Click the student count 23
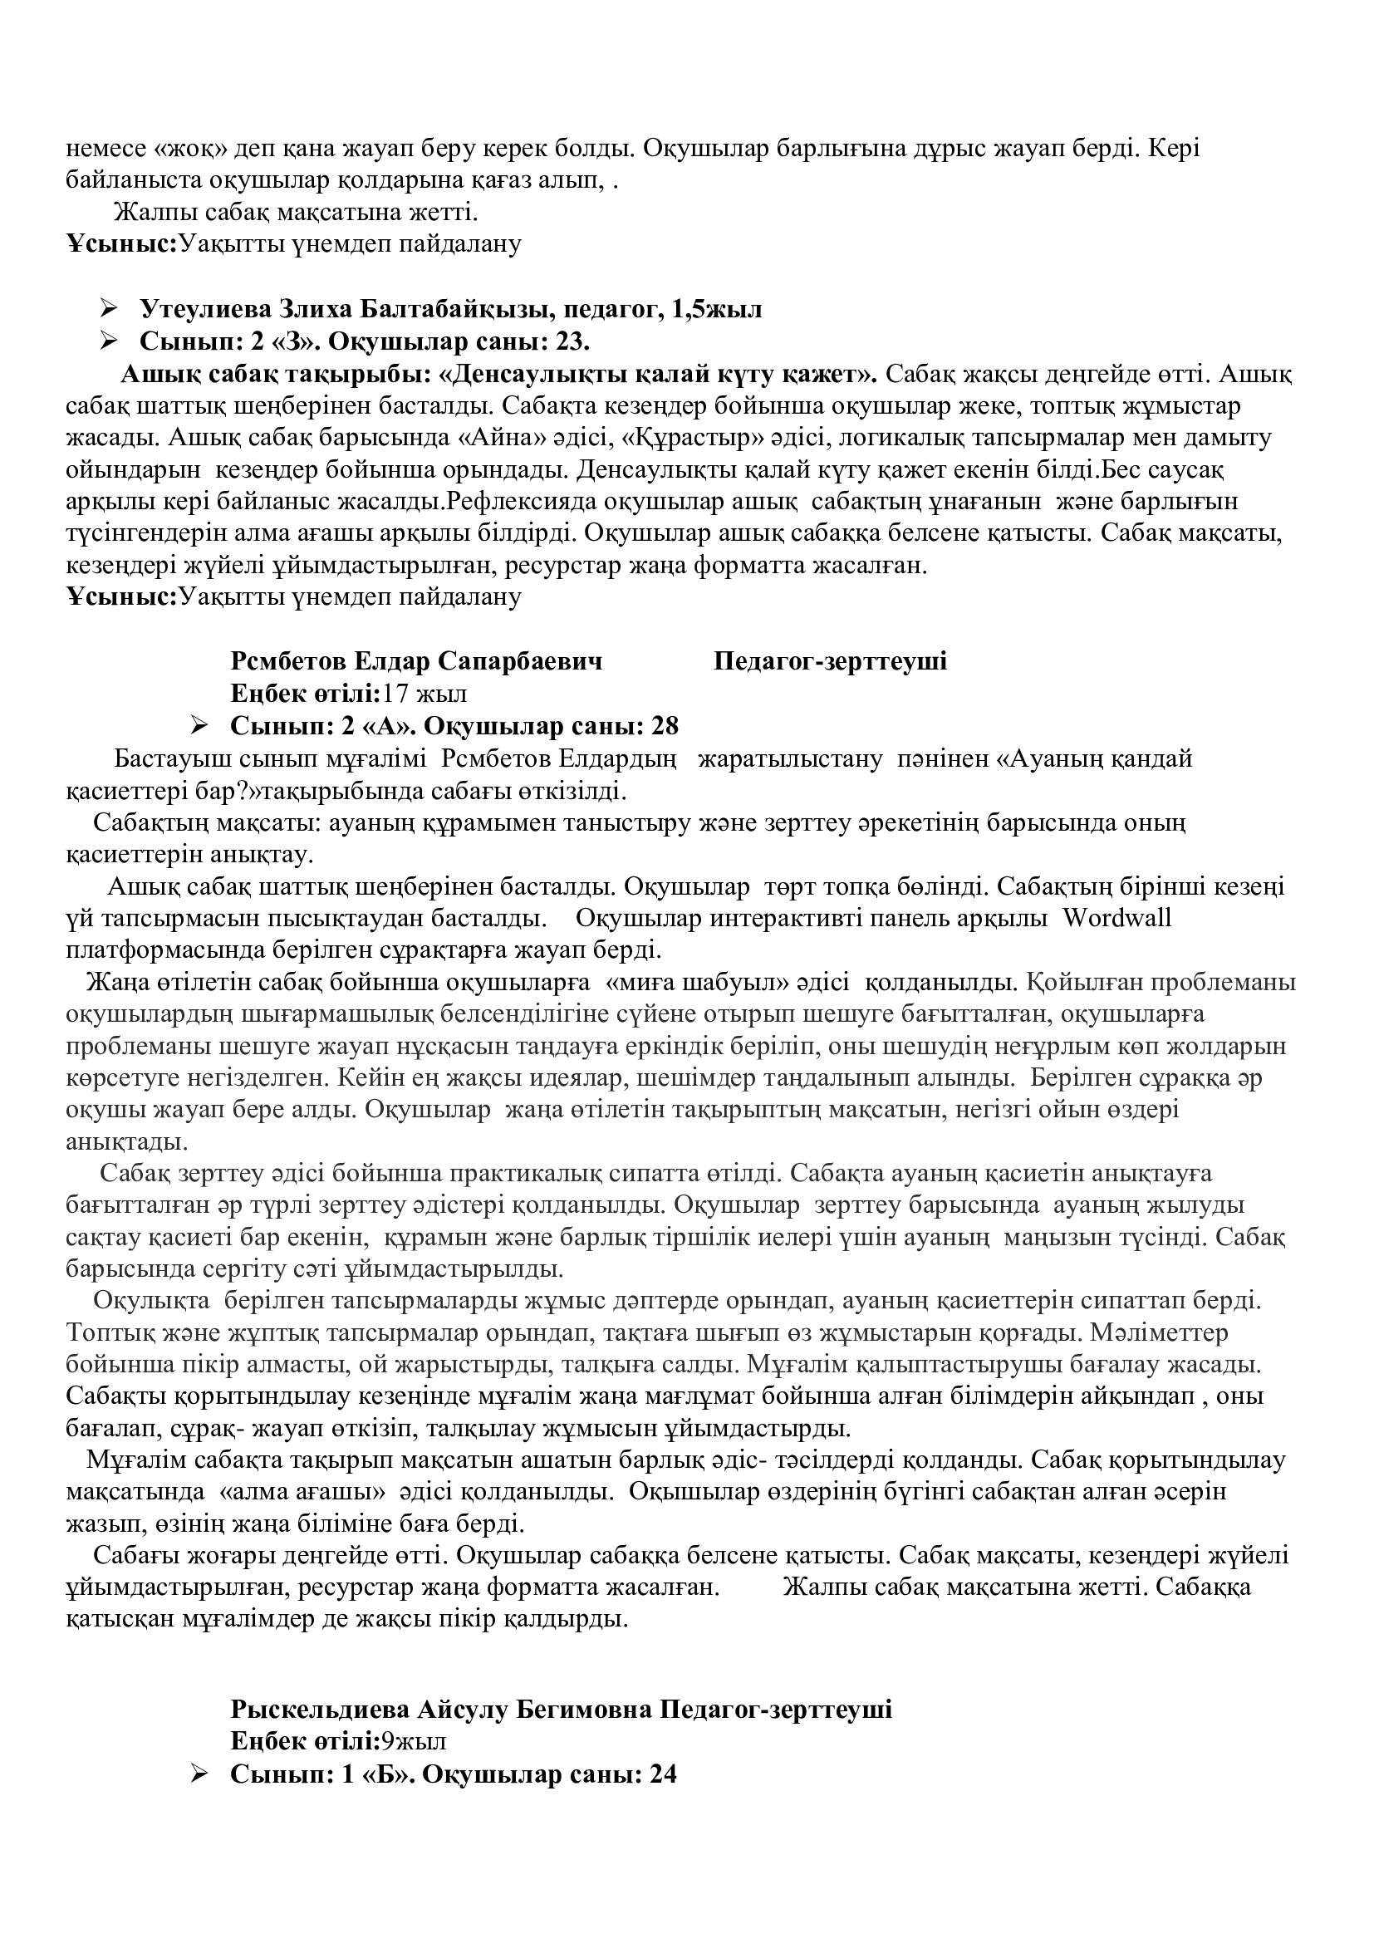coord(571,342)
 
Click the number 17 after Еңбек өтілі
coord(395,694)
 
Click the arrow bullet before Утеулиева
coord(108,309)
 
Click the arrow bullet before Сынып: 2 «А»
coord(199,726)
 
